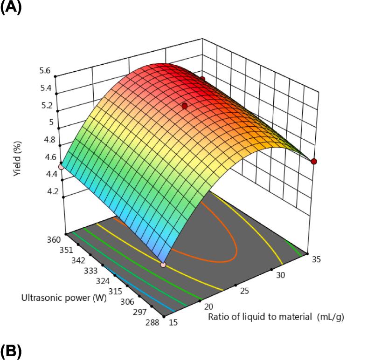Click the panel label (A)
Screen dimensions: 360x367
click(11, 8)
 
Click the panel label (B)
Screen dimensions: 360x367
click(11, 352)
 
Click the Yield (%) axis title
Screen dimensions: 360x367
click(17, 158)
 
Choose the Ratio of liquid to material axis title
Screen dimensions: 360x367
click(276, 317)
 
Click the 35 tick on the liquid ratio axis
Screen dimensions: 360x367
click(317, 261)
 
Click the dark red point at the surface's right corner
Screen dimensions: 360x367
click(314, 161)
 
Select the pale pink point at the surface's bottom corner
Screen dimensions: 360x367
click(163, 265)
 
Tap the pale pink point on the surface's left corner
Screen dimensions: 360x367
click(61, 167)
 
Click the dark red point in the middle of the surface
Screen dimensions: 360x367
click(185, 106)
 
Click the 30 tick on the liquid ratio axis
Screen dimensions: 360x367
click(281, 276)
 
